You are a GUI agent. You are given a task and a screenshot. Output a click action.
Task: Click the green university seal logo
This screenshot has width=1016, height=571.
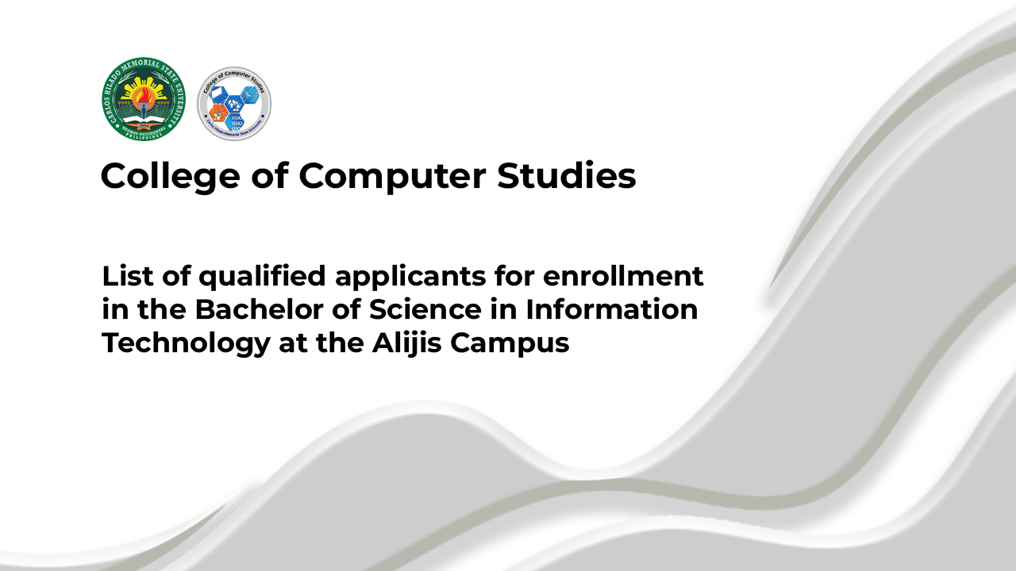[143, 100]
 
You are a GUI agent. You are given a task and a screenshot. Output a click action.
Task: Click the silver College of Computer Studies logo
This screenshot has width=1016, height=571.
[234, 104]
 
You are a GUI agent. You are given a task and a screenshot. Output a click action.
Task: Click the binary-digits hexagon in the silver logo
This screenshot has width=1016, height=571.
[236, 122]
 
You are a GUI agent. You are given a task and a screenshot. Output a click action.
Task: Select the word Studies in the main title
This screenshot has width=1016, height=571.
[567, 176]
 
